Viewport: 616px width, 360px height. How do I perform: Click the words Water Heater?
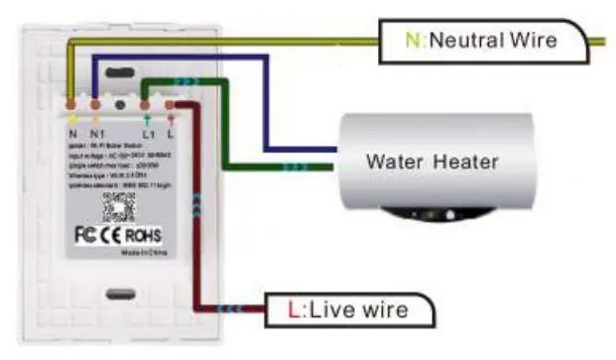[x=431, y=161]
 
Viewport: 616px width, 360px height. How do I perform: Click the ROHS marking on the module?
[x=143, y=236]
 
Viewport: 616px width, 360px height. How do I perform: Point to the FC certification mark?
[x=86, y=236]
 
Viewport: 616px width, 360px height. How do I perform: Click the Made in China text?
[x=144, y=254]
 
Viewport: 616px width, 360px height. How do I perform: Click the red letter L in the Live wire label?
[x=293, y=310]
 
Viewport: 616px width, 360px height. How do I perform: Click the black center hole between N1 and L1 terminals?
[x=121, y=103]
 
